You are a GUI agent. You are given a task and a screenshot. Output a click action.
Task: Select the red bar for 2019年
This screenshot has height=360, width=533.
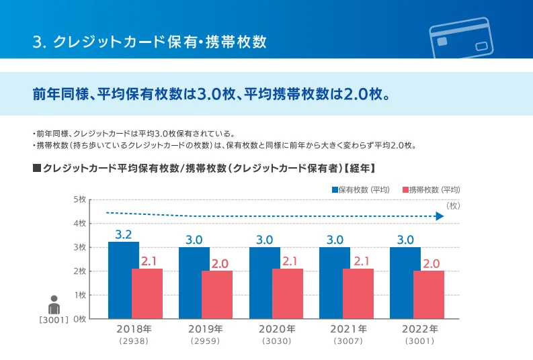(x=217, y=294)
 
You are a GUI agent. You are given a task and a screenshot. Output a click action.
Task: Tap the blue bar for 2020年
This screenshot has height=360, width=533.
(x=264, y=282)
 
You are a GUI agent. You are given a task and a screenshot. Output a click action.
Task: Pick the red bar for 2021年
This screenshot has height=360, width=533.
(x=358, y=294)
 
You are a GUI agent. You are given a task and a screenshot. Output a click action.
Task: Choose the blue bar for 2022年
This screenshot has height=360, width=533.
(x=405, y=282)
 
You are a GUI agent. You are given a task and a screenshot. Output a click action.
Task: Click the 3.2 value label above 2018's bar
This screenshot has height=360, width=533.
(x=123, y=234)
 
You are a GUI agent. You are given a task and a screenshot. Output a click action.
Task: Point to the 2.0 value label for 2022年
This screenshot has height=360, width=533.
(x=432, y=263)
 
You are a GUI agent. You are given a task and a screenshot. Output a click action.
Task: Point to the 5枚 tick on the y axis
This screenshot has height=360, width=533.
(x=79, y=199)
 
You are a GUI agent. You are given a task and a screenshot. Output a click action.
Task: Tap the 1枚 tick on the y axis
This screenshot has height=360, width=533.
(x=79, y=295)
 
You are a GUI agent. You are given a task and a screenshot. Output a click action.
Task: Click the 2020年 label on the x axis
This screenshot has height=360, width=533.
(x=277, y=330)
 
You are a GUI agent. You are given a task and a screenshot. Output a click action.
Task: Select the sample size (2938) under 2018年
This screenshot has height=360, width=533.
(x=133, y=342)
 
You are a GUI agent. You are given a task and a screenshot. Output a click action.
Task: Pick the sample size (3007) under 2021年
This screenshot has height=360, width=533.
(x=348, y=342)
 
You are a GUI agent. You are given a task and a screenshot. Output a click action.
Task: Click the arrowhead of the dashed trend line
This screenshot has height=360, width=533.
(x=439, y=216)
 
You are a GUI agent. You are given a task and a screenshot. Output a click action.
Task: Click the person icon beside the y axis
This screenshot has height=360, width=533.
(x=54, y=304)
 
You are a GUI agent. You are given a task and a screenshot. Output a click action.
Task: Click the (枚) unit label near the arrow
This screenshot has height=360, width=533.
(x=452, y=205)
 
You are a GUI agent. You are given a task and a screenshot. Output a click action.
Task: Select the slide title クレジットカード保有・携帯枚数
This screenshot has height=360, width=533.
(x=149, y=42)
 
